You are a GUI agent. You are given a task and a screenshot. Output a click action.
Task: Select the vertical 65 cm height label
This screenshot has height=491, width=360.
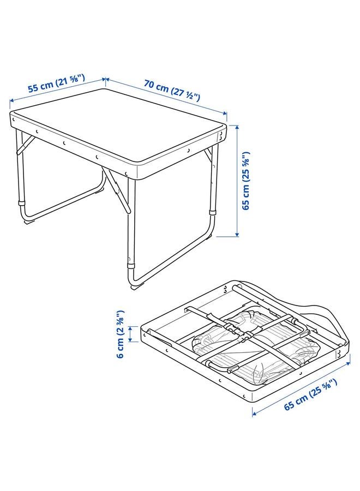pos(246,181)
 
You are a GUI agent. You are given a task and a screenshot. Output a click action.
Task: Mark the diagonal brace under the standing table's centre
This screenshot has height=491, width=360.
pos(117,191)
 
